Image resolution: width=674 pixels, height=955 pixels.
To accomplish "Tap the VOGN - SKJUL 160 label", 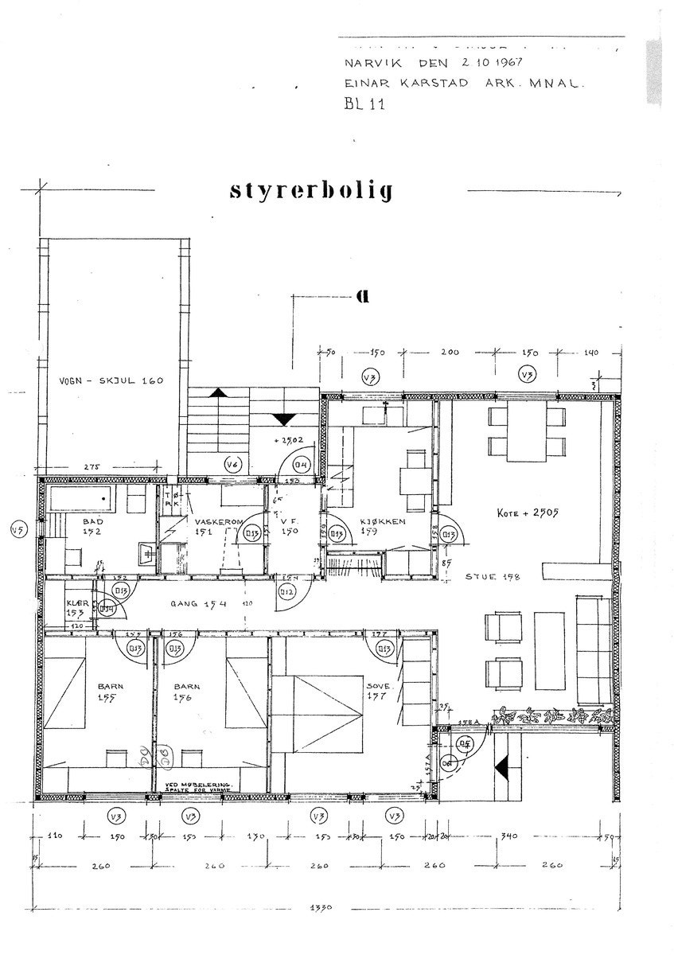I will click(111, 380).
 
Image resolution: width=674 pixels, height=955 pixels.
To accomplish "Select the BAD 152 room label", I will click(92, 528).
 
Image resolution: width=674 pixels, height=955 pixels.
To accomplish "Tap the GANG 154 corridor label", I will click(198, 604).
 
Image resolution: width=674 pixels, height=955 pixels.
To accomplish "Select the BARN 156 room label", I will click(188, 692).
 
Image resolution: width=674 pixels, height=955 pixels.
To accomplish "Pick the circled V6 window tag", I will click(232, 466).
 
